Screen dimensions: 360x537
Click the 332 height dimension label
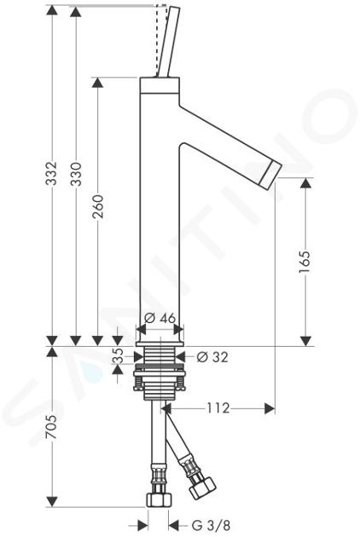point(52,174)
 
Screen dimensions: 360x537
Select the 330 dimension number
point(77,174)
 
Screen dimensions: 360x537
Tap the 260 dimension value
point(98,206)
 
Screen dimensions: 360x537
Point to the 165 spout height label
point(305,263)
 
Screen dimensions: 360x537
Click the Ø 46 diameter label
point(160,318)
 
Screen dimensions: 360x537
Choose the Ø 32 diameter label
point(212,357)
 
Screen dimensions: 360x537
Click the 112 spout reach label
point(218,408)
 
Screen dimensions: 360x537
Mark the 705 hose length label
point(52,427)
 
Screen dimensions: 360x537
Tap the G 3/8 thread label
point(211,525)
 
